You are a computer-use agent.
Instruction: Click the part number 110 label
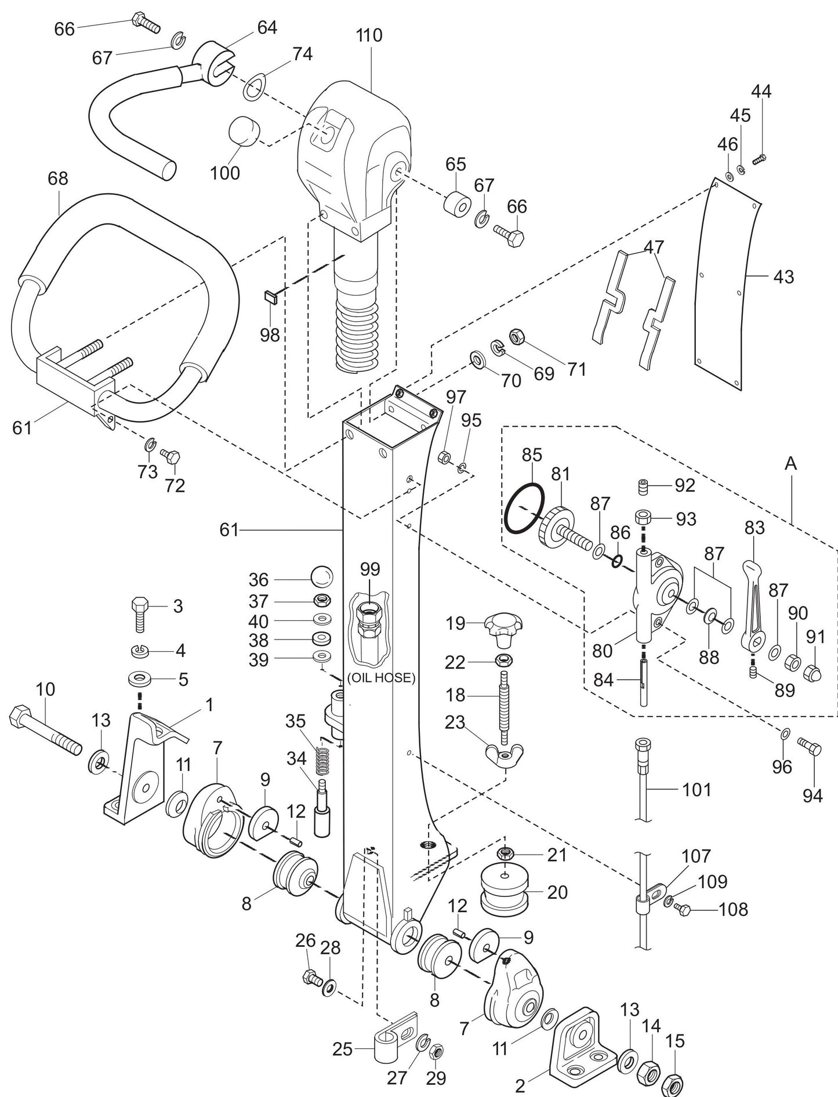(369, 35)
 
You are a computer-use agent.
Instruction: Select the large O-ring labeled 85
(524, 508)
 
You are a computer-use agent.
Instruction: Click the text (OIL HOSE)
(381, 678)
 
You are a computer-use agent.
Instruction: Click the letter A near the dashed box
(791, 463)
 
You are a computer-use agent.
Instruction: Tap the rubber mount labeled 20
(504, 893)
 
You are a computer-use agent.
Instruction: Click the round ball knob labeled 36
(322, 578)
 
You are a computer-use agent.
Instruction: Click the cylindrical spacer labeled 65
(456, 203)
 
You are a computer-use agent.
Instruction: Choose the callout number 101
(696, 789)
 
